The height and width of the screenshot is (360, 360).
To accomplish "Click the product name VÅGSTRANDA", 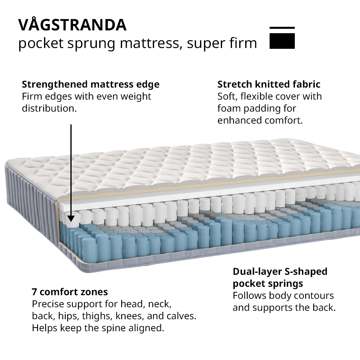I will [72, 25].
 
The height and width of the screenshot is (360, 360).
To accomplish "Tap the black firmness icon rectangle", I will [282, 41].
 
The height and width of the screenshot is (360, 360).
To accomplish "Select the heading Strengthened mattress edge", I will [90, 84].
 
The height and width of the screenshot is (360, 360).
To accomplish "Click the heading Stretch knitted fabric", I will [269, 84].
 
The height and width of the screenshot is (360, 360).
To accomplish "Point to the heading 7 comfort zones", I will [70, 292].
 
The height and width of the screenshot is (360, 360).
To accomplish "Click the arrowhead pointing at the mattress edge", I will [71, 218].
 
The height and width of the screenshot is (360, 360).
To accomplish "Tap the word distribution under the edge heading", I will [49, 108].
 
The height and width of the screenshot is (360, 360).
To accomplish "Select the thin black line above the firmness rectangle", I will [282, 28].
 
